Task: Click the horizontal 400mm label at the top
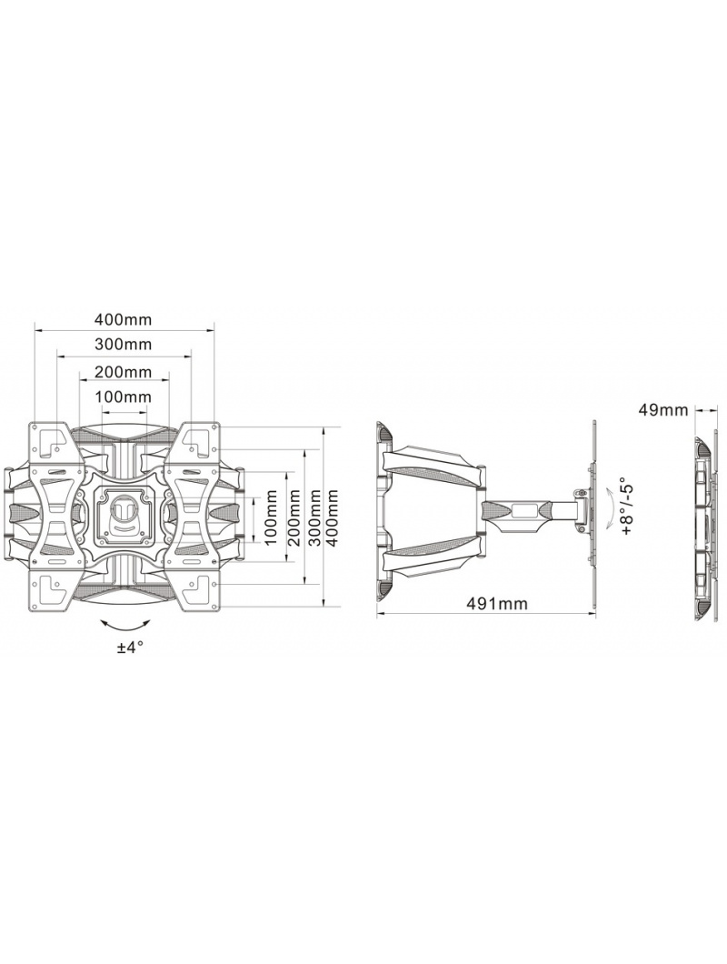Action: (123, 320)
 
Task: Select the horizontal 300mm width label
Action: (123, 344)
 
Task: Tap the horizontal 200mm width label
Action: (123, 372)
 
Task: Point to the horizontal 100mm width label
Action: (123, 397)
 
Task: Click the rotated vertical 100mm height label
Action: (270, 517)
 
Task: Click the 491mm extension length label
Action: (496, 604)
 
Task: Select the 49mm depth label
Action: (663, 410)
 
